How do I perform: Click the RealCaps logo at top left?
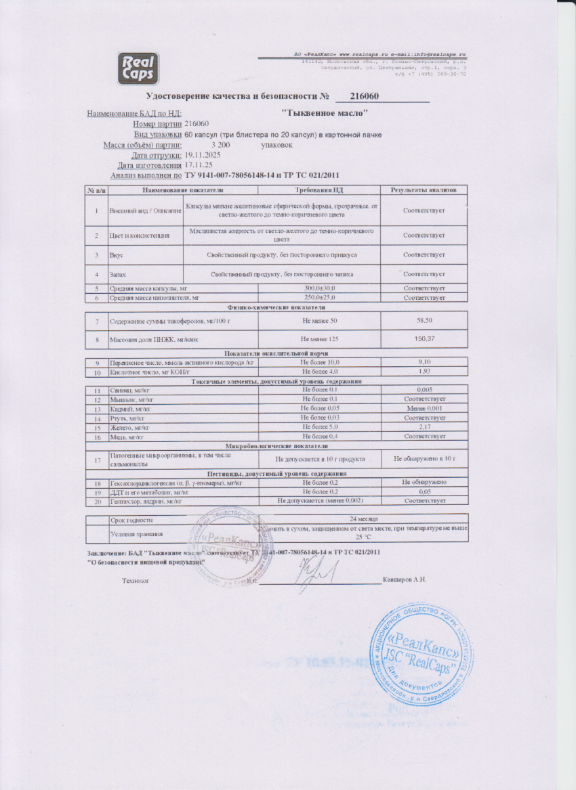137,68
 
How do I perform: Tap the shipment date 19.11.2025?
204,155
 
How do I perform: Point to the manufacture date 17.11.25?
199,165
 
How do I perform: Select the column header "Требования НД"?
319,191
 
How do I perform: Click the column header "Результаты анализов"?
424,191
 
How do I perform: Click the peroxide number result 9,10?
424,362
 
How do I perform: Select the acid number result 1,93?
424,372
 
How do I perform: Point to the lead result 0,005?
424,391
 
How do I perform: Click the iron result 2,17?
424,427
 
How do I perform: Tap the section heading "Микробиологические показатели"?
276,446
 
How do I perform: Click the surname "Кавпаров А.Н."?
404,580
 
